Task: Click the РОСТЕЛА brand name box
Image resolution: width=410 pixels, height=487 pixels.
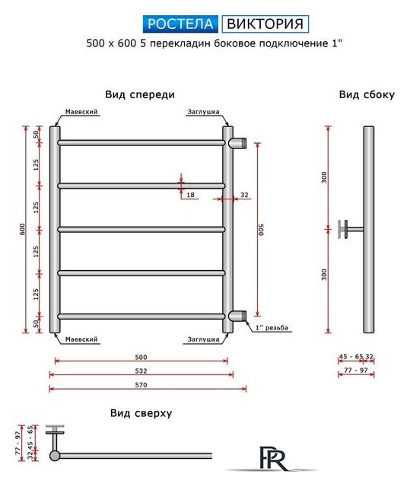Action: pos(180,23)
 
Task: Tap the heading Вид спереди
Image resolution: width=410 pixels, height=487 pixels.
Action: pos(140,95)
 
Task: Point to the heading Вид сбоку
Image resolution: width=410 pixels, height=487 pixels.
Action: pos(367,95)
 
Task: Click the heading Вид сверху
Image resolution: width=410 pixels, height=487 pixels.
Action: pos(140,413)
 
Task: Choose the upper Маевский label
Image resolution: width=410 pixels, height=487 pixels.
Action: pos(81,112)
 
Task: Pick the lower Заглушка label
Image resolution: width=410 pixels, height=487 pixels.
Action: pos(203,339)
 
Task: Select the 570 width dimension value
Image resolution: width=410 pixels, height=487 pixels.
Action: pos(141,384)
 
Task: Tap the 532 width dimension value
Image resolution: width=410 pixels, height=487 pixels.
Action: pos(141,371)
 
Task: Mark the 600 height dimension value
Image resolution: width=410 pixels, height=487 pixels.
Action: pos(24,228)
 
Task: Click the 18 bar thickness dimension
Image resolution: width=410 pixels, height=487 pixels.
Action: pos(190,196)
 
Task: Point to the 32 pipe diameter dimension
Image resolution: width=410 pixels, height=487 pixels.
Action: pos(244,196)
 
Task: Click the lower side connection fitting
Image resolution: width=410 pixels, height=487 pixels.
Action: pos(239,316)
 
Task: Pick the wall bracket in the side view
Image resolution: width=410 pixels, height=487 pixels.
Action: pos(350,228)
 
